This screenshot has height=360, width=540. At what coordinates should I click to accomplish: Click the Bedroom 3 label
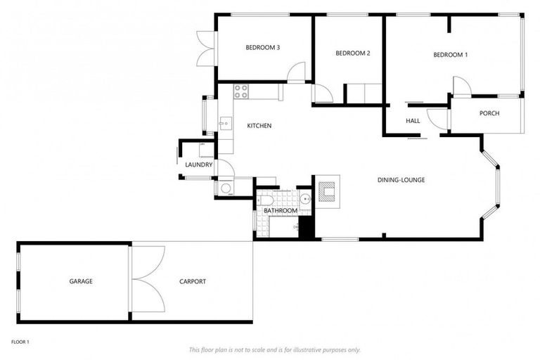click(x=263, y=48)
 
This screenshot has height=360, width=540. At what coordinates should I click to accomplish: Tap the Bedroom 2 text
click(x=353, y=53)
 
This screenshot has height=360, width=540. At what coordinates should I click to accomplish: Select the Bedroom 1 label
click(x=450, y=55)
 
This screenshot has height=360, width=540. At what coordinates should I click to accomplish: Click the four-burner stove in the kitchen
click(x=240, y=91)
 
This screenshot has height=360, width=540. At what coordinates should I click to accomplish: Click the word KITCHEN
click(x=259, y=126)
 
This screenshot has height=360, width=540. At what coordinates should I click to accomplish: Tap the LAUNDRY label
click(x=198, y=165)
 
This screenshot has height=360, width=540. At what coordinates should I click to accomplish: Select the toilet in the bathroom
click(x=265, y=199)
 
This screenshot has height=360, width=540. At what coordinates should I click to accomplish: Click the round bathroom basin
click(x=304, y=198)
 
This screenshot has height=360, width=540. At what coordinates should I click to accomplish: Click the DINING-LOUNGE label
click(x=401, y=180)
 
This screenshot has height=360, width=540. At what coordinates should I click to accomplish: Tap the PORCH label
click(x=489, y=113)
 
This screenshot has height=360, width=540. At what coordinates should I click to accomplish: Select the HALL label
click(x=413, y=121)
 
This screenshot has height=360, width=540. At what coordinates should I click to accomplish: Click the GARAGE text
click(x=81, y=281)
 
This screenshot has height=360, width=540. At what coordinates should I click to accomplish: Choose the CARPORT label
click(x=192, y=281)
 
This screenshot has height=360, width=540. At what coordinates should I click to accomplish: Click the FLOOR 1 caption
click(x=20, y=342)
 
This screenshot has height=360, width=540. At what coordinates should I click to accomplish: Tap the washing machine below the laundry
click(x=225, y=188)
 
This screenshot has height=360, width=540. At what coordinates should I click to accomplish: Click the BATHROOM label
click(x=280, y=211)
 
